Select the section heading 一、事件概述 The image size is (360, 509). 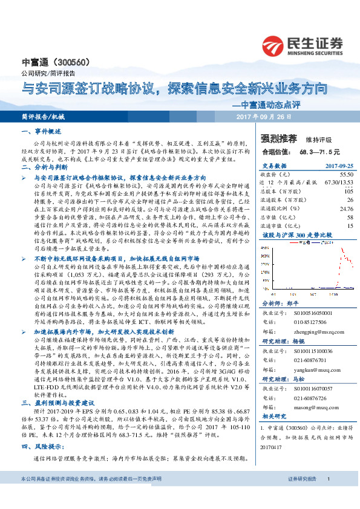tap(41, 131)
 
